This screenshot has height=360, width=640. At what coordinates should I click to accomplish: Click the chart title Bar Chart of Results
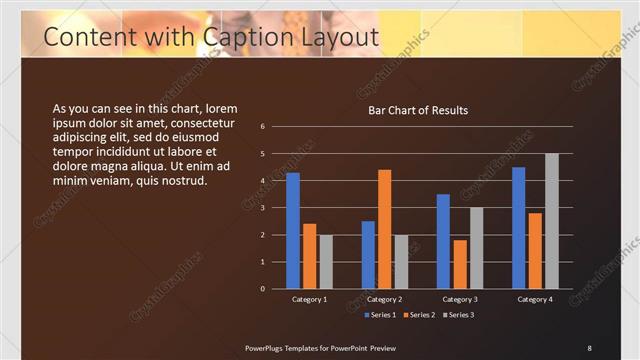418,110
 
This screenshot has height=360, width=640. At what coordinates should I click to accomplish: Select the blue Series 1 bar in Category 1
293,231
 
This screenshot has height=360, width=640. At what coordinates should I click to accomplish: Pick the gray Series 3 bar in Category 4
551,221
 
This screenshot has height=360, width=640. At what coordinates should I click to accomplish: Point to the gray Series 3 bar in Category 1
326,262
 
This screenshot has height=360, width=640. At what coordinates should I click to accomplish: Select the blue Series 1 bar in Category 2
368,255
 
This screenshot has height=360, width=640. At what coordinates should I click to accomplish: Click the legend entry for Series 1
379,316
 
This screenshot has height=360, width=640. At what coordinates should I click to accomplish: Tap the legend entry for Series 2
418,316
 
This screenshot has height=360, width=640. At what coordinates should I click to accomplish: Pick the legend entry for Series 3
457,316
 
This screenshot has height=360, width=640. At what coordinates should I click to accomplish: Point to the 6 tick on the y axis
262,127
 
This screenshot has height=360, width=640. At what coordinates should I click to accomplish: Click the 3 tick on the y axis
262,208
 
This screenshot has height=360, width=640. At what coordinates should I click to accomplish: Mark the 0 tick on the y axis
262,289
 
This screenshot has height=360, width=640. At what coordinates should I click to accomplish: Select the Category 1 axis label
309,299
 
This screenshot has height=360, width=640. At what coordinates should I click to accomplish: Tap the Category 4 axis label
535,299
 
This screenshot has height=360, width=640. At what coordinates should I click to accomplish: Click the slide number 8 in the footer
589,348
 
